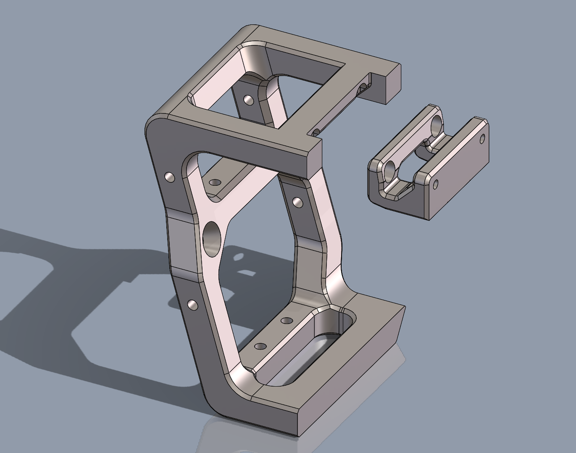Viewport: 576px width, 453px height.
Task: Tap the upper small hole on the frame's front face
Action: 170,177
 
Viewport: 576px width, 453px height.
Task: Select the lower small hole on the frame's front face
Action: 193,304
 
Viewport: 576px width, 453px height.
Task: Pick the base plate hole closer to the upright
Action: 260,346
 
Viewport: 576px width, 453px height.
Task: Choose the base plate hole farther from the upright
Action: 287,321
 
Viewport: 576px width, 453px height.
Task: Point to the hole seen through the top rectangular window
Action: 249,100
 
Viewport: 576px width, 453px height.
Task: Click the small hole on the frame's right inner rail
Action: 297,202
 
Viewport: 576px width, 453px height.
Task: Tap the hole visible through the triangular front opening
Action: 215,183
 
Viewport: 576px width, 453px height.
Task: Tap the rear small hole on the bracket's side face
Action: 482,138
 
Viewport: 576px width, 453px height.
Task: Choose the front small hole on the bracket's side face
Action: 436,184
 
